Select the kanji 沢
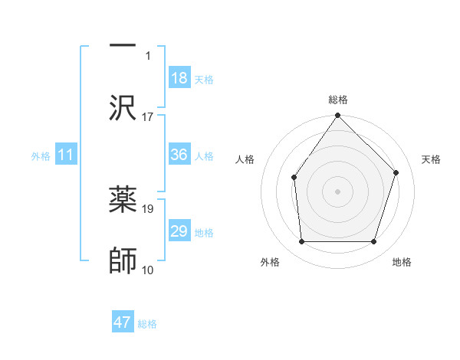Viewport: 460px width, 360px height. pyautogui.click(x=123, y=108)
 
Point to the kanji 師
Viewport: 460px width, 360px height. pyautogui.click(x=123, y=260)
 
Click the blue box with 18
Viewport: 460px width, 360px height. pyautogui.click(x=179, y=78)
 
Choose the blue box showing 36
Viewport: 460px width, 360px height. pyautogui.click(x=179, y=155)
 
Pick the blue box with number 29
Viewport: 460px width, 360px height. pyautogui.click(x=179, y=231)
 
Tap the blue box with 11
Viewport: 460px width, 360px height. pyautogui.click(x=66, y=155)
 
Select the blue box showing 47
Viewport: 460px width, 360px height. pyautogui.click(x=123, y=322)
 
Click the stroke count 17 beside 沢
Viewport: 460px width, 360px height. pyautogui.click(x=148, y=117)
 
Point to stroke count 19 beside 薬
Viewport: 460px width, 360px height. pyautogui.click(x=148, y=208)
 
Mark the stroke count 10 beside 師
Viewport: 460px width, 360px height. pyautogui.click(x=148, y=270)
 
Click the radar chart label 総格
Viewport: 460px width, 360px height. pyautogui.click(x=338, y=100)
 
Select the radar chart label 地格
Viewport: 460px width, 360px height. pyautogui.click(x=402, y=263)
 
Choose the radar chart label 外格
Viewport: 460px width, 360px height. pyautogui.click(x=270, y=263)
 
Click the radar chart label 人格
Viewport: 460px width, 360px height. pyautogui.click(x=245, y=159)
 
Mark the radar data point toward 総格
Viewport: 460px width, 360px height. pyautogui.click(x=338, y=116)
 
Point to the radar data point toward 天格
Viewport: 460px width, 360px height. pyautogui.click(x=396, y=172)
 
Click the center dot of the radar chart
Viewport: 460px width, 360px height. pyautogui.click(x=338, y=191)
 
